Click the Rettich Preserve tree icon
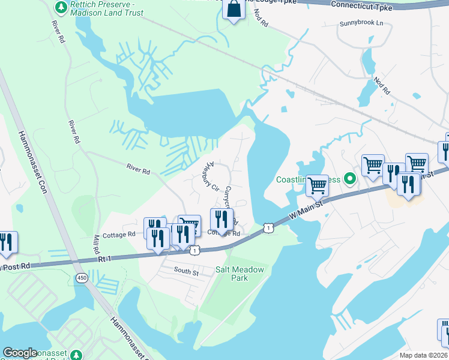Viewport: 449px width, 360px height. click(61, 6)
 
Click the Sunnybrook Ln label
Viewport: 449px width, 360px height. click(361, 23)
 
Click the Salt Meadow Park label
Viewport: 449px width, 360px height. click(240, 274)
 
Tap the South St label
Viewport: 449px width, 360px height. click(186, 272)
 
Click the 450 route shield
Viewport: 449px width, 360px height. click(82, 277)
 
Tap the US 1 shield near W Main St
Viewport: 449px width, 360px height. click(268, 227)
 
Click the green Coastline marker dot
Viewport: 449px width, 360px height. click(351, 179)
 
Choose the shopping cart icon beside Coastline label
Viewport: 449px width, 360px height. click(316, 185)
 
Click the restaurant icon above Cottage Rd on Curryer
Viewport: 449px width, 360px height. click(221, 219)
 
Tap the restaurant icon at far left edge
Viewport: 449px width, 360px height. click(7, 242)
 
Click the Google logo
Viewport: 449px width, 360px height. click(20, 353)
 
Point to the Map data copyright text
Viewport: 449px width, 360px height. click(423, 355)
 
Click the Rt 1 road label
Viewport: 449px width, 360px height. click(106, 260)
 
